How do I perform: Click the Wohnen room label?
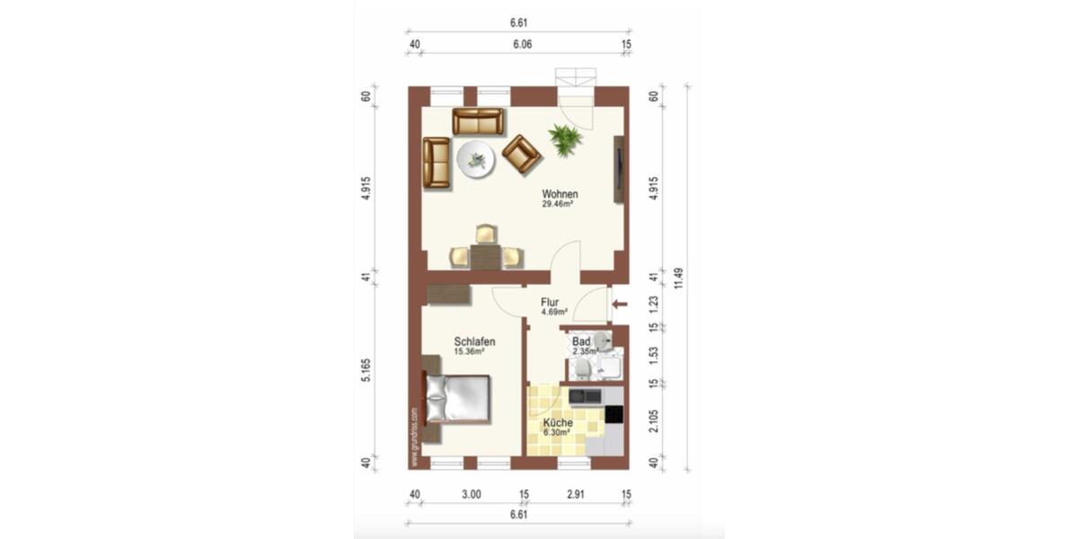(x=559, y=194)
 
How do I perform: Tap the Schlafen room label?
(x=474, y=341)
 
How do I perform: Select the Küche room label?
(x=558, y=422)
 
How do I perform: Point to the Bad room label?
(x=581, y=342)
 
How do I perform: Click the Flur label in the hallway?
(x=551, y=303)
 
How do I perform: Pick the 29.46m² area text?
(x=558, y=205)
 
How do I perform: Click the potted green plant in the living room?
(x=565, y=139)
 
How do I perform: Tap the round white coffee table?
(x=475, y=161)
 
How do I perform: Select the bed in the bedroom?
(x=457, y=398)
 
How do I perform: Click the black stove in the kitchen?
(x=614, y=414)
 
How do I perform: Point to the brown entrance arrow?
(x=619, y=305)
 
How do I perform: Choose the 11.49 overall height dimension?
(x=679, y=278)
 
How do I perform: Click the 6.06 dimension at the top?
(x=520, y=43)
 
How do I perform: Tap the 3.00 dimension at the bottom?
(x=472, y=494)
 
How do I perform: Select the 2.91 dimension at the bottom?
(x=576, y=494)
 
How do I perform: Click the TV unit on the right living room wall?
(x=619, y=169)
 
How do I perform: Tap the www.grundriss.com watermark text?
(x=414, y=437)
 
